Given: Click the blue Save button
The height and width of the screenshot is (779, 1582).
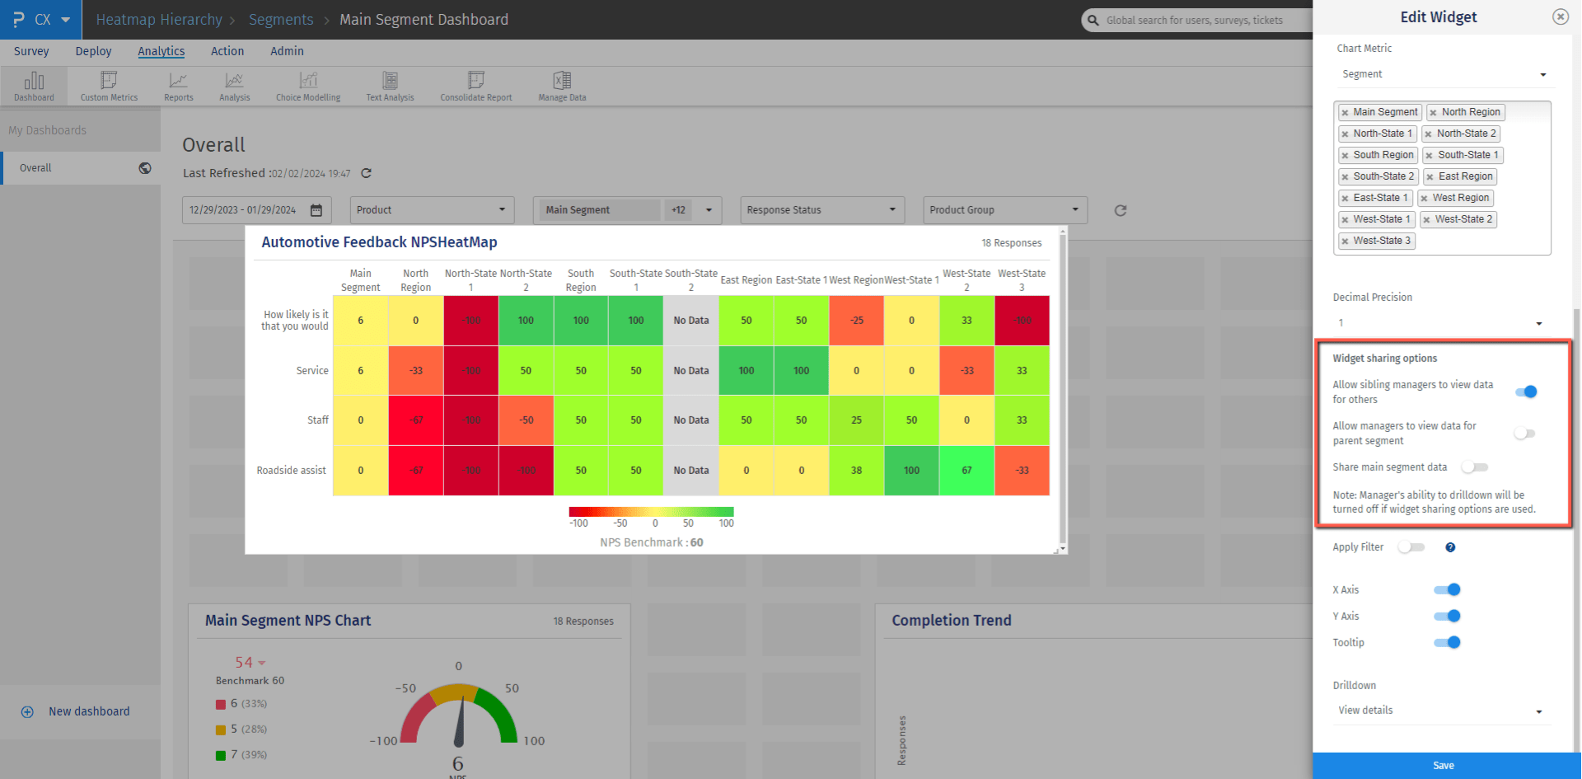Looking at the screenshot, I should (x=1444, y=765).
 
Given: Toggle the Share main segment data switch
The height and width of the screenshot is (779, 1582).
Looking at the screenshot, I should (x=1474, y=467).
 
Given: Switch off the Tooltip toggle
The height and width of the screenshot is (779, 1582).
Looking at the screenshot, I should (x=1447, y=642).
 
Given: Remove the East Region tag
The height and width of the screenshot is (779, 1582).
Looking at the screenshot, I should (x=1430, y=176).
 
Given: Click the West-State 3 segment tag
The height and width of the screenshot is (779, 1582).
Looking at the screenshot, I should (x=1381, y=241).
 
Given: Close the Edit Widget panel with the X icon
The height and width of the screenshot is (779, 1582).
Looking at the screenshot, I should (x=1560, y=16).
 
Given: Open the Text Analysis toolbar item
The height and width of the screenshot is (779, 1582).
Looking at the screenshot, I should (x=390, y=86).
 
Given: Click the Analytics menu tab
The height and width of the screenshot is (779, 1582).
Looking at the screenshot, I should (x=161, y=51).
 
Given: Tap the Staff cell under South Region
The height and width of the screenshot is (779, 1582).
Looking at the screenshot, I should (x=581, y=420).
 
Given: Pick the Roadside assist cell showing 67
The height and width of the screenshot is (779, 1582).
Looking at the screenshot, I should (x=967, y=470).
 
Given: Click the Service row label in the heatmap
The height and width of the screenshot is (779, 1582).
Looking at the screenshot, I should (x=312, y=371).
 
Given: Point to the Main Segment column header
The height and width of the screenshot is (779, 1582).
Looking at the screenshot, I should (x=360, y=280).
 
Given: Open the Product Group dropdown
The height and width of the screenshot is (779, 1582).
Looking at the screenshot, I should (x=1004, y=210).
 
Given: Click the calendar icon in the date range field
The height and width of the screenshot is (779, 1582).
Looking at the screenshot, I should (x=316, y=210).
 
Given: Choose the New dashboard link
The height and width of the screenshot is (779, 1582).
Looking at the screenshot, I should (x=88, y=711).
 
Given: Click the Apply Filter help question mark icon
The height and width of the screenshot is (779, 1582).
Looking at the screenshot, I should (x=1450, y=547).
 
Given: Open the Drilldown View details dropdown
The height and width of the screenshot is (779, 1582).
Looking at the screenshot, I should (x=1441, y=711).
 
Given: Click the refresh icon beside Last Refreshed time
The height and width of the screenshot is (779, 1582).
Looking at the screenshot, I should (x=367, y=173).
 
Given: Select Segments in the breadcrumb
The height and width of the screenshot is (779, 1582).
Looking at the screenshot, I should (x=281, y=20).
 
